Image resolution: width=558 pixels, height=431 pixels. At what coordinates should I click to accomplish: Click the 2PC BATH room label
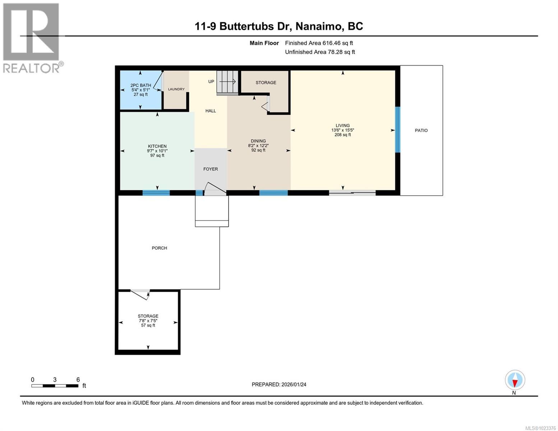click(x=140, y=86)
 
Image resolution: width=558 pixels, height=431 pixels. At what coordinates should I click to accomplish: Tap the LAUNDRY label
click(x=176, y=89)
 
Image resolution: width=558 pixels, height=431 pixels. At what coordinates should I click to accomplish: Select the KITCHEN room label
click(x=157, y=147)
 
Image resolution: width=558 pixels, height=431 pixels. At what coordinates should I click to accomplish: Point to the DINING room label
click(x=258, y=141)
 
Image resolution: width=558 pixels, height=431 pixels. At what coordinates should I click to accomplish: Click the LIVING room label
click(x=342, y=126)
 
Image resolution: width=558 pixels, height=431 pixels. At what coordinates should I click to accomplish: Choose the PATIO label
click(x=421, y=130)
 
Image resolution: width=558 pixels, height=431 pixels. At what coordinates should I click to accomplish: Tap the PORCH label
click(x=159, y=248)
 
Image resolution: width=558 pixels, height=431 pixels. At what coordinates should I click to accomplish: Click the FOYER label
click(x=211, y=169)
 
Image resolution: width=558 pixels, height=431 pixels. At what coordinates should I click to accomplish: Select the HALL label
click(x=211, y=111)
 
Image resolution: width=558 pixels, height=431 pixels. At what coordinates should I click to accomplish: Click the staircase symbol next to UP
click(x=227, y=82)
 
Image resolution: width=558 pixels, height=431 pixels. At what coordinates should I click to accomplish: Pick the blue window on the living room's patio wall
click(x=397, y=130)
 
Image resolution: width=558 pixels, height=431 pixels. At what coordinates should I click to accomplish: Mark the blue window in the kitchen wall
click(x=156, y=193)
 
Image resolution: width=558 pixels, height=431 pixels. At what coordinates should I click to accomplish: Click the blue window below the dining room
click(x=273, y=193)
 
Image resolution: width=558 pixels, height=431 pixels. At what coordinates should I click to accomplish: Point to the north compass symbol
click(x=515, y=380)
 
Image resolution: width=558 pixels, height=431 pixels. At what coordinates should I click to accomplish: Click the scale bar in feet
click(x=55, y=386)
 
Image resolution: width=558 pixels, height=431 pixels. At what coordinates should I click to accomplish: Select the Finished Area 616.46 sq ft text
click(x=319, y=43)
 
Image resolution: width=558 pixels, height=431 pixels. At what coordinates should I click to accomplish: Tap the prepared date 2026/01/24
click(x=279, y=385)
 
